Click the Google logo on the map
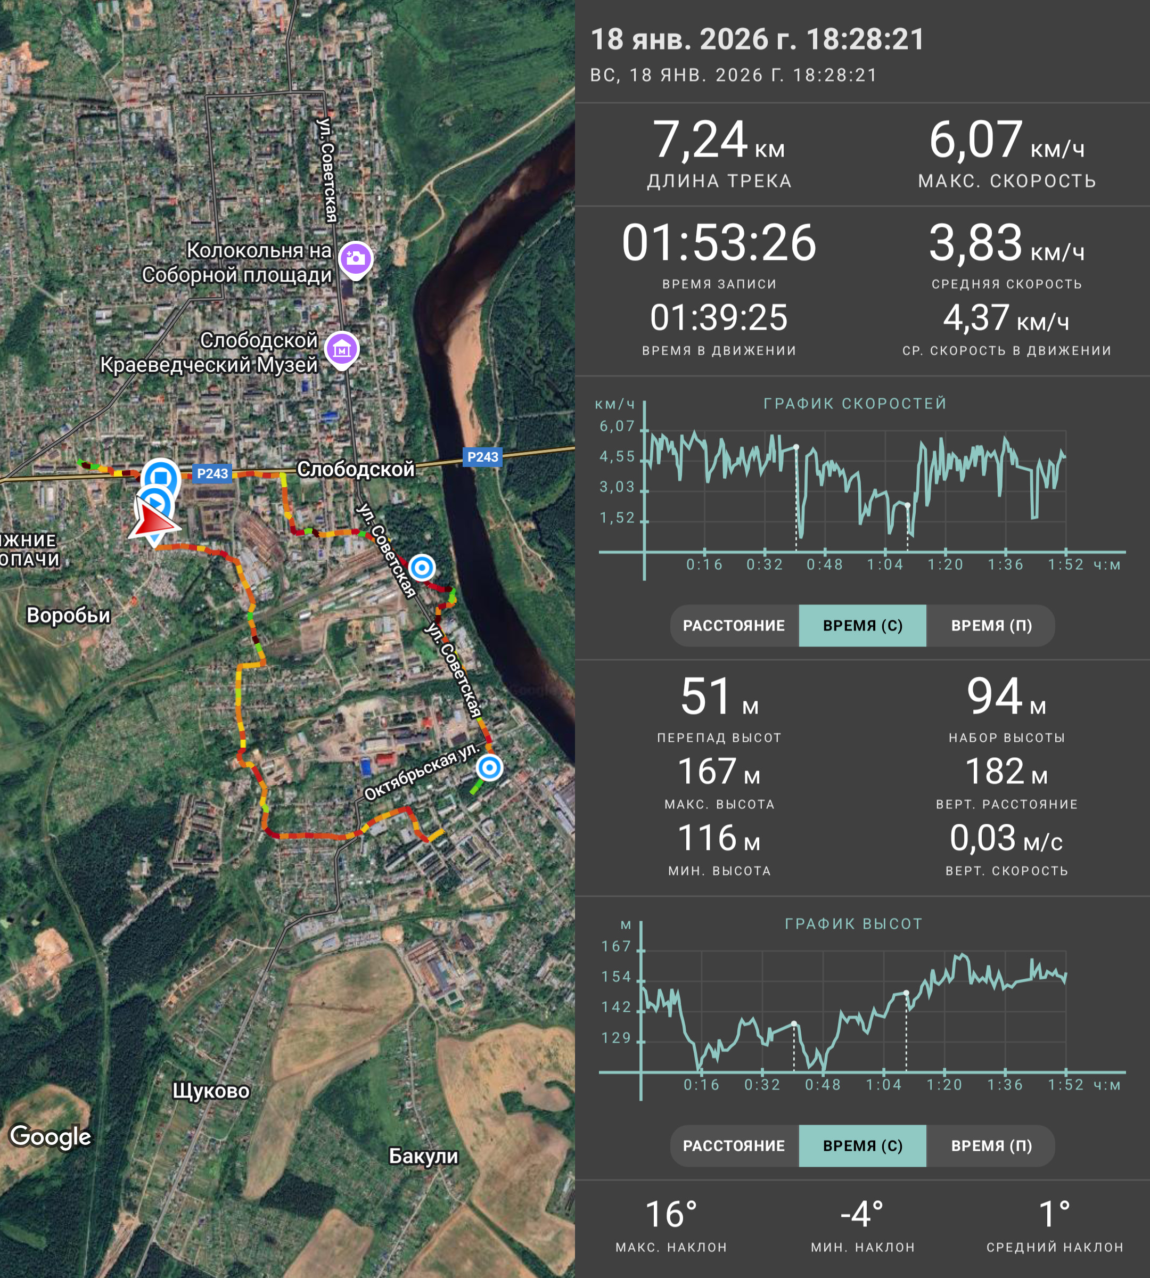pos(51,1136)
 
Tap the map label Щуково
pos(211,1091)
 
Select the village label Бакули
pos(423,1156)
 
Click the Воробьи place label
pos(68,615)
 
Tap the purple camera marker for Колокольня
pos(356,259)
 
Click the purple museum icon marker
pos(342,349)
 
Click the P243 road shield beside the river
pos(483,457)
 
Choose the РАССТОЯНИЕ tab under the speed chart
pos(734,626)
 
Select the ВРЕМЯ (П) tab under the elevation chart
pos(991,1146)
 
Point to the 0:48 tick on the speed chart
pos(825,564)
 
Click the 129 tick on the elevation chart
pos(617,1038)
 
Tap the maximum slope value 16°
pos(671,1214)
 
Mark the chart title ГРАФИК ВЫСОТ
pos(853,924)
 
